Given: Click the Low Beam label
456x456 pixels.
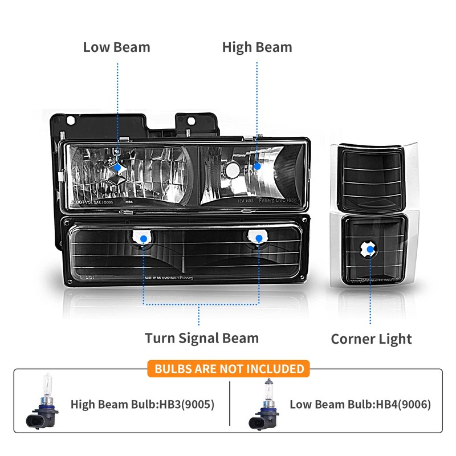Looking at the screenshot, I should click(x=116, y=47).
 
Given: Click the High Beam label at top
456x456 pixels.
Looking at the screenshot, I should click(x=256, y=47).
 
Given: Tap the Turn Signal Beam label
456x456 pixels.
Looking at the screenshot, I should click(x=201, y=338).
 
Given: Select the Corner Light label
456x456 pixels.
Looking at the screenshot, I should click(x=371, y=339).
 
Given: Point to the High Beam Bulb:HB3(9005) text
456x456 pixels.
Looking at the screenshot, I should click(x=142, y=405).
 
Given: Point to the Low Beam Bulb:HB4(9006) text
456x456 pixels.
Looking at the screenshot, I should click(x=360, y=405).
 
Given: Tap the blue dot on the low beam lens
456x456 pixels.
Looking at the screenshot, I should click(x=118, y=167).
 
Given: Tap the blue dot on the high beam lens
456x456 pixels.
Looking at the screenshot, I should click(x=257, y=166).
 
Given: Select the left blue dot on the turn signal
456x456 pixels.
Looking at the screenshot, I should click(x=144, y=239).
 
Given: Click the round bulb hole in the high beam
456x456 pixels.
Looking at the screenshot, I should click(x=232, y=170).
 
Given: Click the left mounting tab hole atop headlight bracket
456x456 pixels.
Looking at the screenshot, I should click(x=70, y=121).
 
